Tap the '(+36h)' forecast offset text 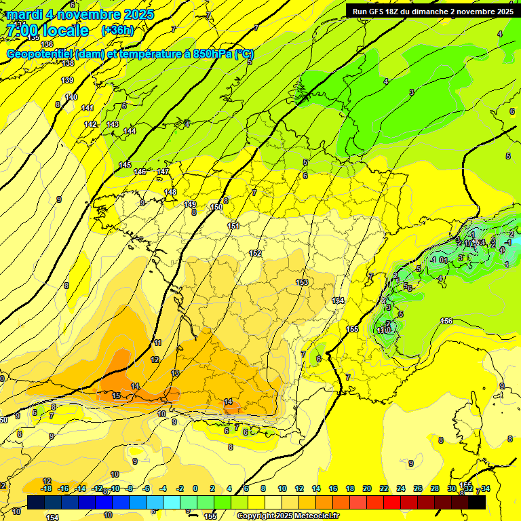[x=117, y=31]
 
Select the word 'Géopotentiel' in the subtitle [x=40, y=54]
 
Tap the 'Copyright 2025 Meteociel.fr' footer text [x=288, y=516]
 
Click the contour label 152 [x=255, y=253]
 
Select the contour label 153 [x=303, y=282]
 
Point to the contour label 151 [x=233, y=226]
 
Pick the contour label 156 [x=446, y=321]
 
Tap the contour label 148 [x=170, y=192]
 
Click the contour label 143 [x=113, y=124]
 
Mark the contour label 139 [x=67, y=80]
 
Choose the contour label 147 [x=163, y=172]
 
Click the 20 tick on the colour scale [x=367, y=488]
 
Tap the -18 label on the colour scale [x=46, y=488]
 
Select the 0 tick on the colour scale [x=195, y=488]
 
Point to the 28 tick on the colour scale [x=435, y=488]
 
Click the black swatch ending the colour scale [x=477, y=503]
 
